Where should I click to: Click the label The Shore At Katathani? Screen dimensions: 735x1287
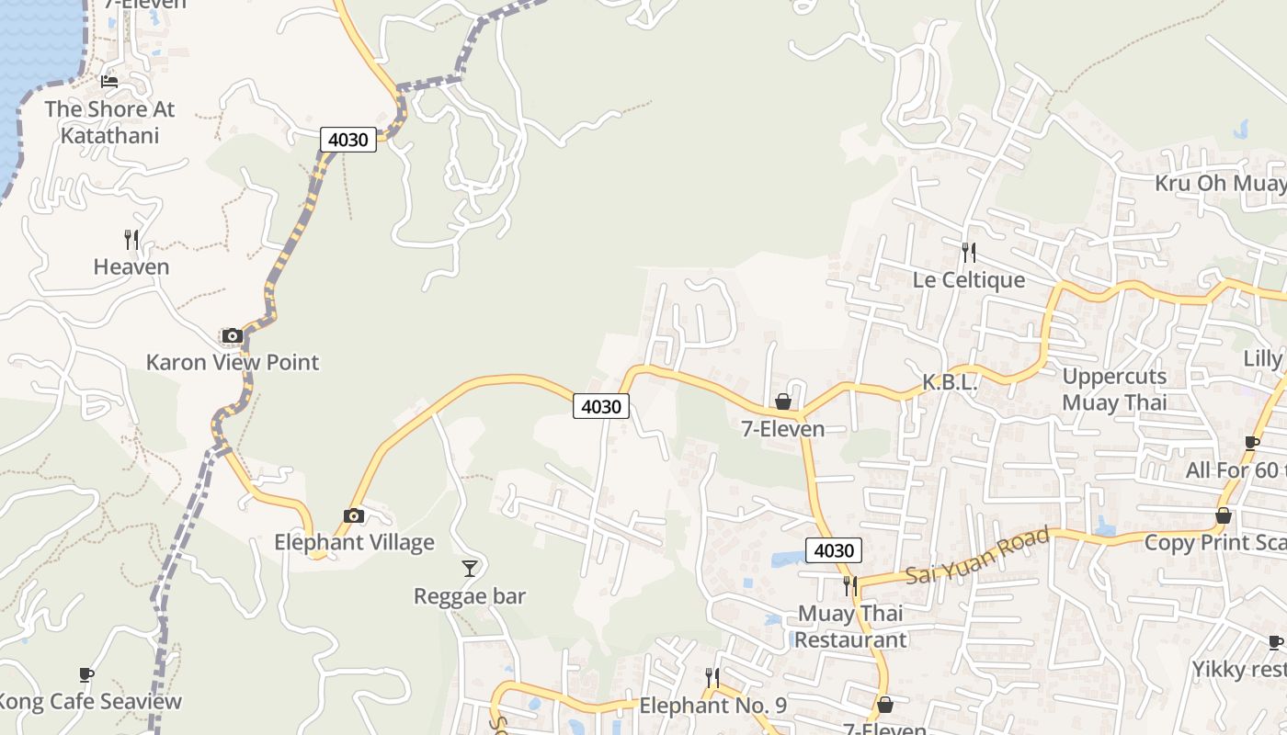[109, 122]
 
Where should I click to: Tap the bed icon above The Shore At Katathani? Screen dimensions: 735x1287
[109, 81]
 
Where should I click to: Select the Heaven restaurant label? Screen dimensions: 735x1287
[131, 267]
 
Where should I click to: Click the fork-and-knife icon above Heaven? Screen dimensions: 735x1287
[131, 240]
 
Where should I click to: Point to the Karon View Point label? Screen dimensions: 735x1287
[233, 362]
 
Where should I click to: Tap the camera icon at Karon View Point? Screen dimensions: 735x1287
[233, 335]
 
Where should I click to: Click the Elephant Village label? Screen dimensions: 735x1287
[354, 542]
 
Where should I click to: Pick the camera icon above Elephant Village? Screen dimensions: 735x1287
[354, 515]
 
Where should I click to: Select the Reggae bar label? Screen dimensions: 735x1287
[470, 596]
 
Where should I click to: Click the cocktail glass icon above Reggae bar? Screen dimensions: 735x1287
[470, 569]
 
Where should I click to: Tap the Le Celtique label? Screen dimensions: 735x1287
[968, 279]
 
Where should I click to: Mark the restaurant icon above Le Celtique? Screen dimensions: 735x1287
[968, 252]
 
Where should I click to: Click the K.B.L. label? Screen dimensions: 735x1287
[950, 383]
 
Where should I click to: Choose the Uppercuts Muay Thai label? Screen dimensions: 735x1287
[1114, 390]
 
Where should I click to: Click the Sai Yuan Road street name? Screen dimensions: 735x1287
[977, 556]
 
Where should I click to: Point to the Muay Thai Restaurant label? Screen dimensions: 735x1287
[850, 627]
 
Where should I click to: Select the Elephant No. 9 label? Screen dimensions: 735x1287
[713, 706]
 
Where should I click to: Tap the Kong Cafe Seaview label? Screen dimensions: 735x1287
[90, 702]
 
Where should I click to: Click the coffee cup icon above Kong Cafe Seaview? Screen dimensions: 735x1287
[86, 675]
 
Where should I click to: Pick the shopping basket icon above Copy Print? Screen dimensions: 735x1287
[1224, 515]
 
